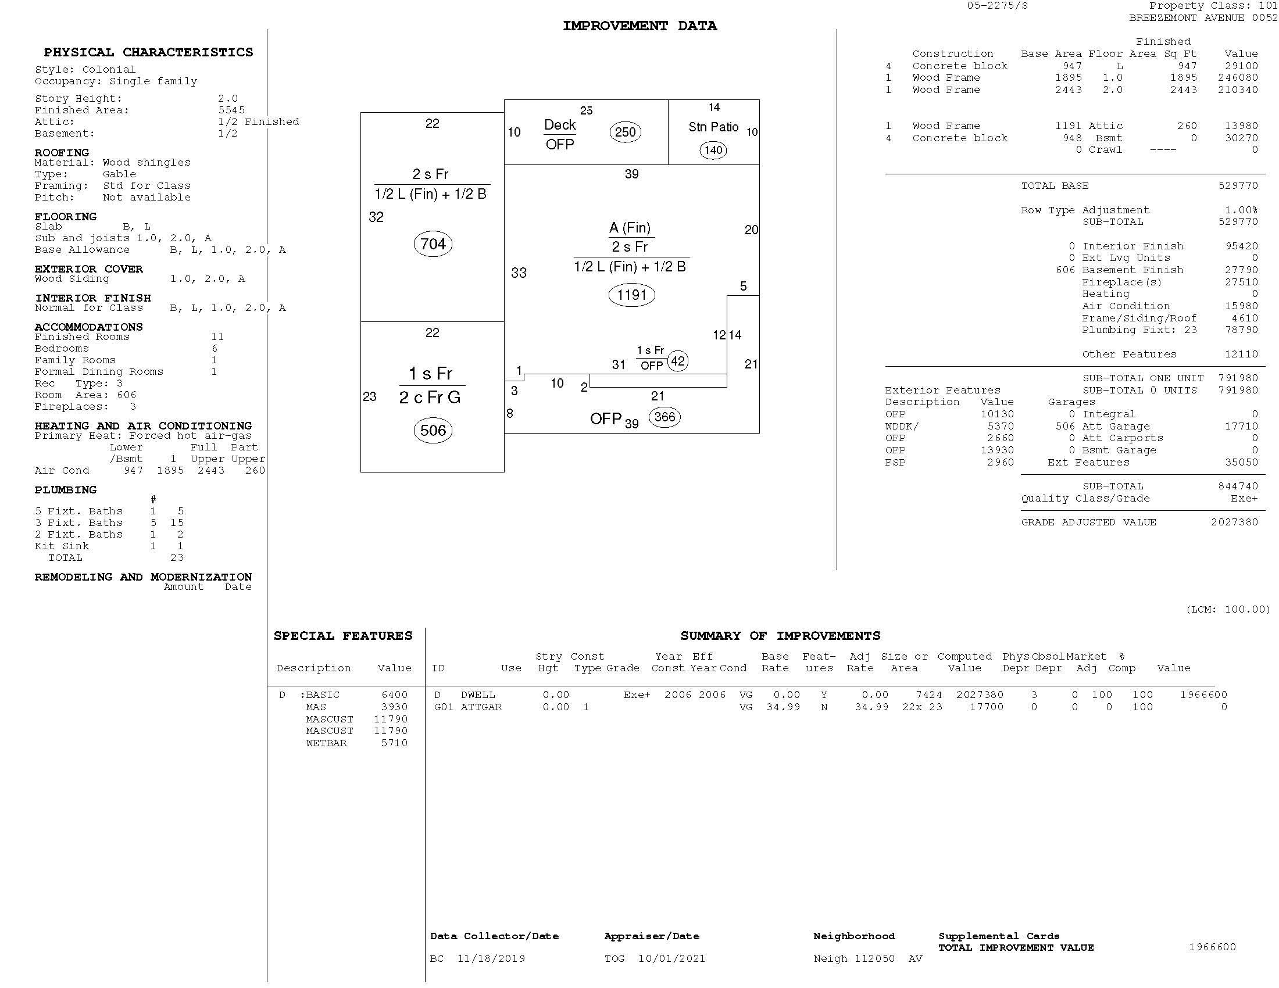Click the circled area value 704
pos(433,244)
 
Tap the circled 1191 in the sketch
pos(631,295)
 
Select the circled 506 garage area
pos(433,430)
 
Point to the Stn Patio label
pos(713,127)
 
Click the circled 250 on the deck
pos(625,132)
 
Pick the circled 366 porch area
pos(664,417)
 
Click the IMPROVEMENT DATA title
pos(640,26)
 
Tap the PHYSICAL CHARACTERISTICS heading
pos(148,52)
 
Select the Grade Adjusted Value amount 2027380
pos(1234,522)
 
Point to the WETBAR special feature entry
pos(326,743)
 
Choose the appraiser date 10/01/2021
pos(671,959)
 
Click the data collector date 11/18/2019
pos(491,959)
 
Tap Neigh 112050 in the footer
pos(854,959)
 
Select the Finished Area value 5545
pos(231,110)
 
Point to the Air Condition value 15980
pos(1241,306)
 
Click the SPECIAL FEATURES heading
pos(342,636)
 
